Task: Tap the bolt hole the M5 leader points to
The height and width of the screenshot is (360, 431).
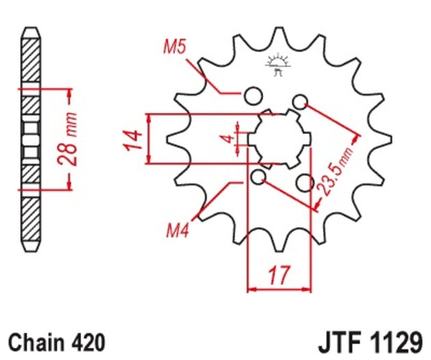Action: (x=252, y=94)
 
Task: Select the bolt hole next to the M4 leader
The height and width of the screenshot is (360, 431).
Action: (x=257, y=178)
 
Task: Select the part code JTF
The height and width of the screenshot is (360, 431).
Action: (x=340, y=342)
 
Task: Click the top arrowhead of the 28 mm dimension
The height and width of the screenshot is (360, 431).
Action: (x=68, y=92)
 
